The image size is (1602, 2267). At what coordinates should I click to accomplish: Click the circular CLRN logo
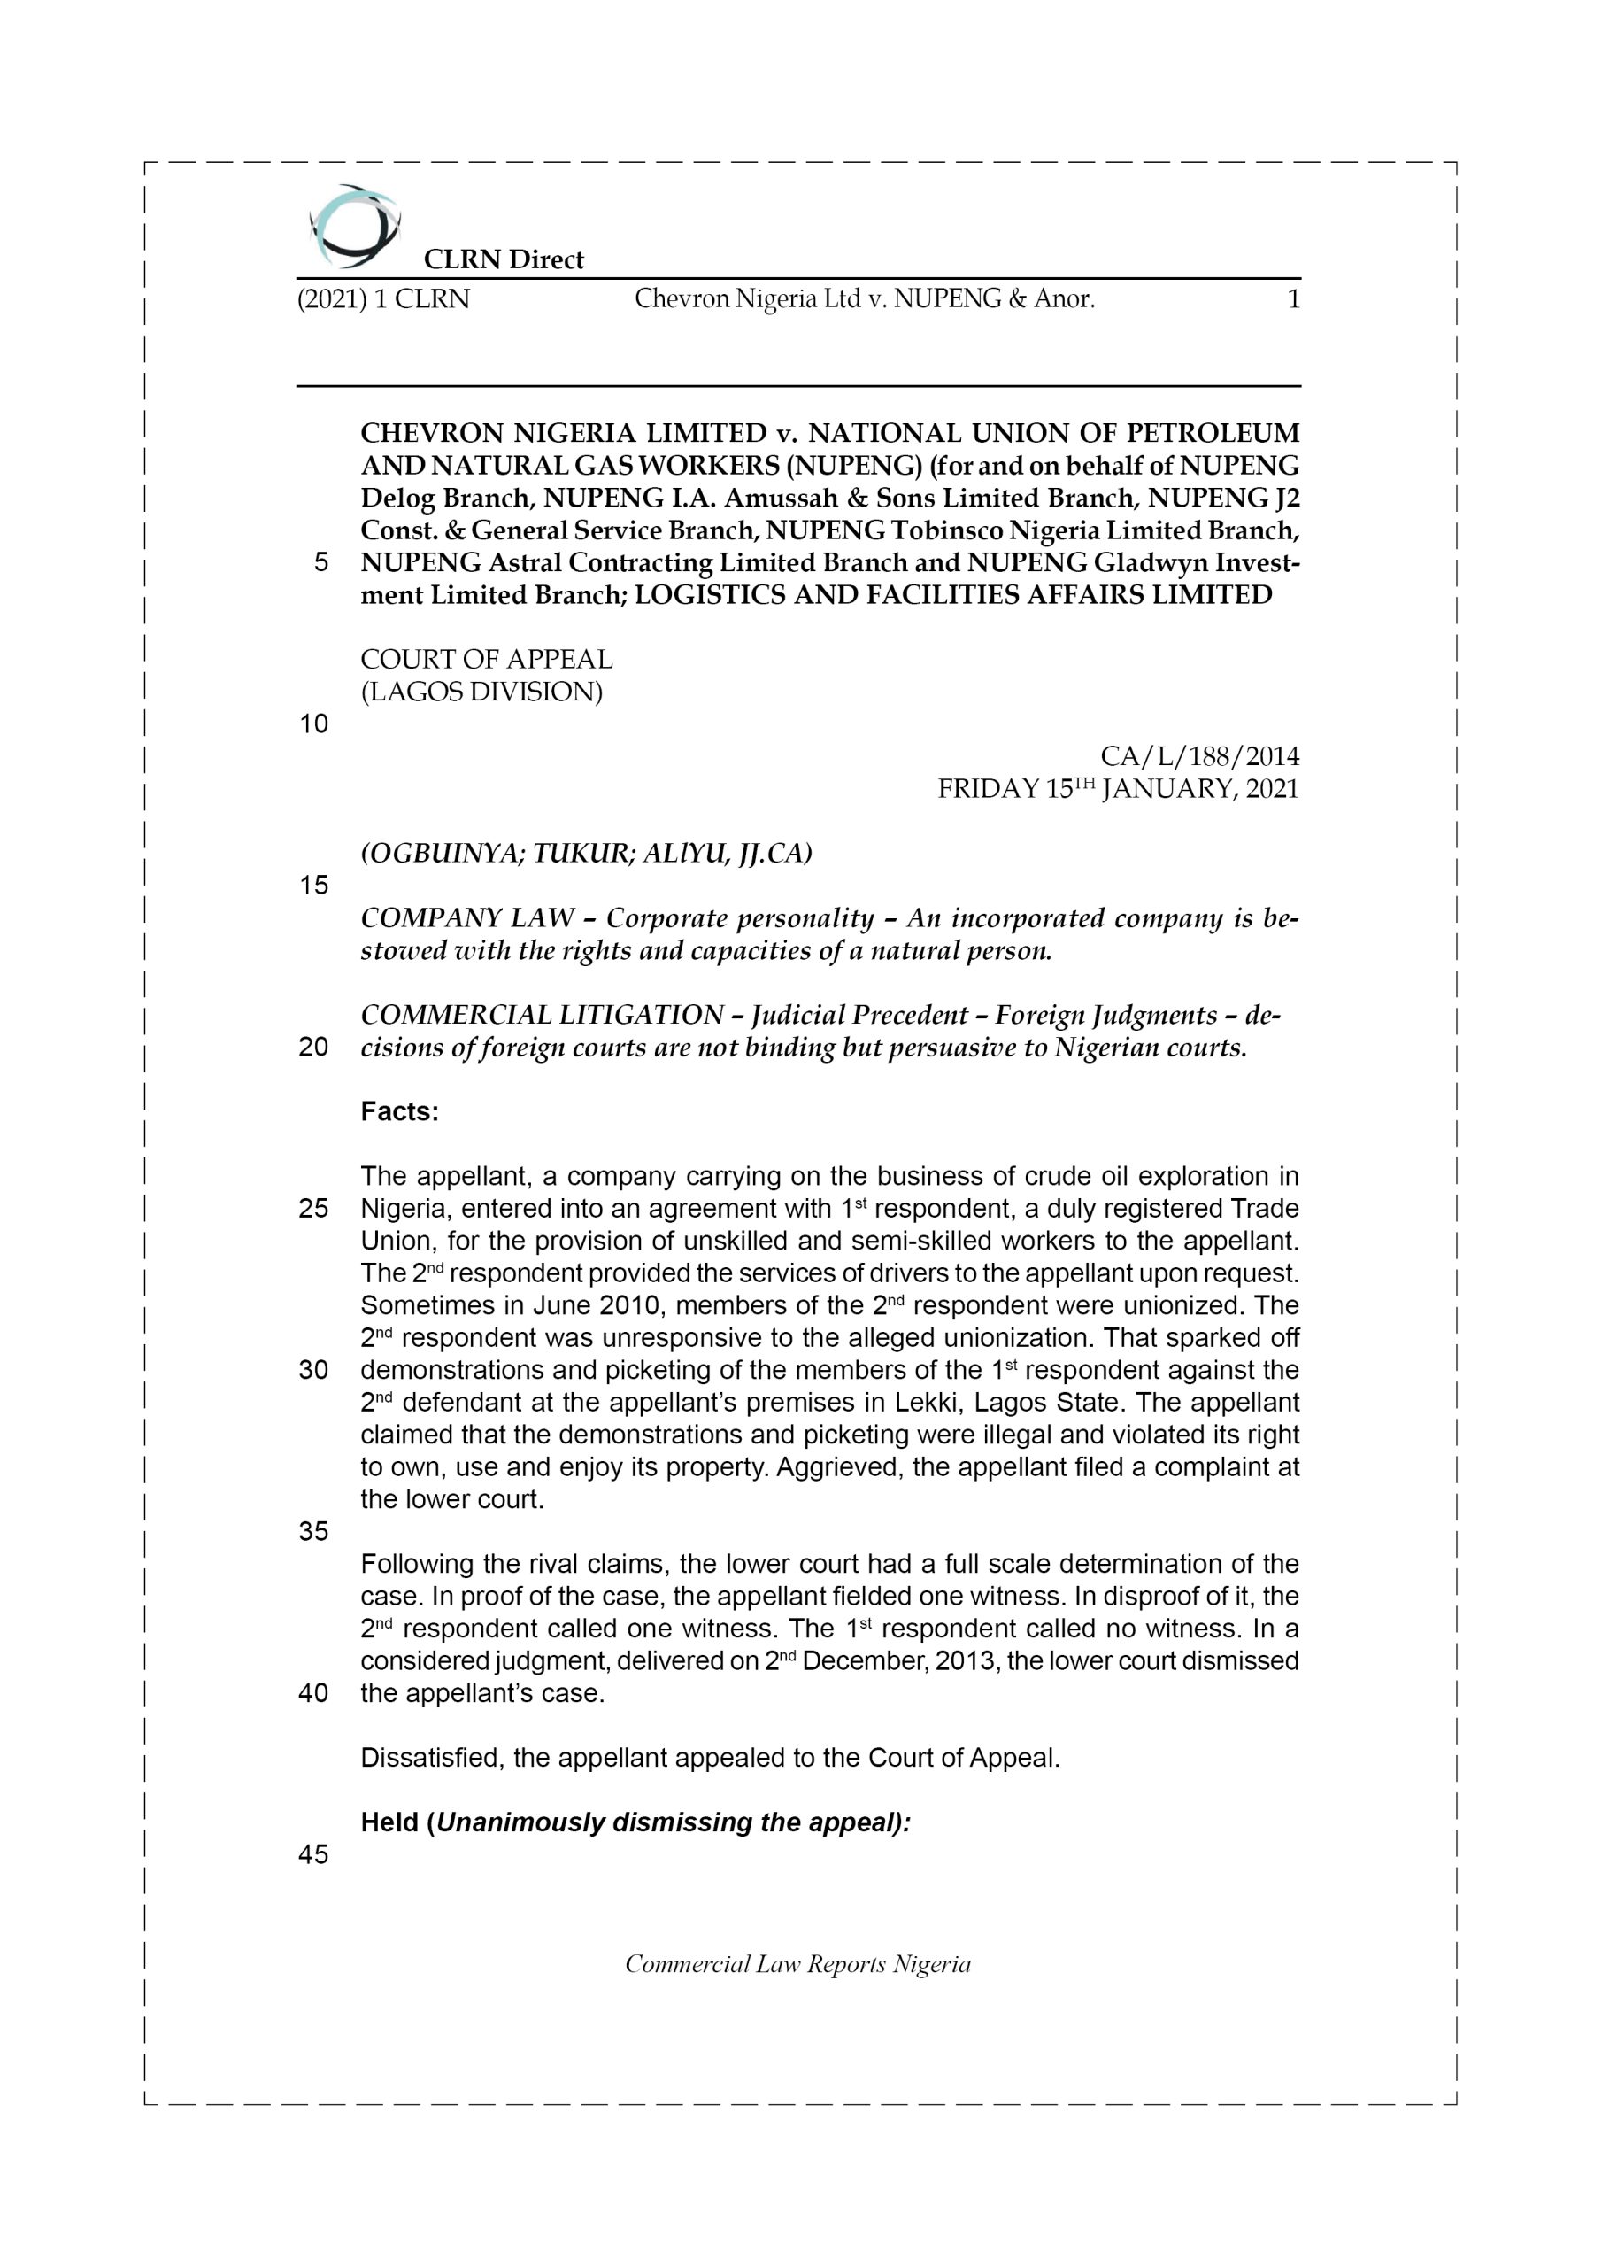point(353,226)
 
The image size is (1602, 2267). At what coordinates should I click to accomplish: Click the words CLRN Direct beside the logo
point(504,259)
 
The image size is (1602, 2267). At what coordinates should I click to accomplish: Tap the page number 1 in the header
point(1293,299)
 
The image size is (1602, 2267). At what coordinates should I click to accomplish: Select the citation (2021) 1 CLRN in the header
point(383,299)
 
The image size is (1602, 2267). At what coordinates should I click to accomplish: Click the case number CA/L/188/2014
point(1199,756)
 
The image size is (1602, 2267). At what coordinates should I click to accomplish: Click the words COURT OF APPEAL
point(486,659)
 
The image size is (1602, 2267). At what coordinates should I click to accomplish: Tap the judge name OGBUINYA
point(443,853)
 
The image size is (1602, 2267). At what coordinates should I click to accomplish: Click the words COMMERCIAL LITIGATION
point(542,1015)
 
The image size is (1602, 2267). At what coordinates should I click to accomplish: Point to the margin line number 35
point(313,1531)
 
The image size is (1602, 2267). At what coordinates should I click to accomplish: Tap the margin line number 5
point(320,563)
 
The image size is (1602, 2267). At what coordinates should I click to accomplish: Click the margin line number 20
point(313,1048)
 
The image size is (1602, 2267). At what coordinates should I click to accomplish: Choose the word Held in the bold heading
point(390,1822)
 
